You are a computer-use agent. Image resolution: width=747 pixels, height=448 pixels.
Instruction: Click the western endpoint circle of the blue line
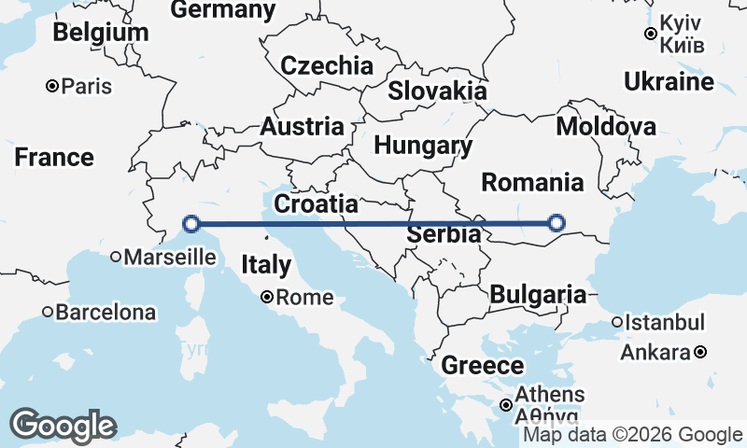coord(191,224)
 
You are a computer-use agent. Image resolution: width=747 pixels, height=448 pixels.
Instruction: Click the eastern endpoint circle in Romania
coord(557,222)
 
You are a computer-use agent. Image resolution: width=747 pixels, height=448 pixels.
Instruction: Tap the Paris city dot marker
coord(53,87)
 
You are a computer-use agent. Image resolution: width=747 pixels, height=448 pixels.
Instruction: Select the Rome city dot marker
coord(267,298)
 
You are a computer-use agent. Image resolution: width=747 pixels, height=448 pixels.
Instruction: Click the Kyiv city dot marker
coord(651,35)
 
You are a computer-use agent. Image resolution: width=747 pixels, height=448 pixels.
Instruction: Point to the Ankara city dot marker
coord(700,352)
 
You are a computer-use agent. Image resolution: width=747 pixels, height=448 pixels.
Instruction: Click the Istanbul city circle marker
coord(617,323)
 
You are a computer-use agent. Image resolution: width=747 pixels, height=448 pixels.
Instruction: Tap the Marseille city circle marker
coord(117,257)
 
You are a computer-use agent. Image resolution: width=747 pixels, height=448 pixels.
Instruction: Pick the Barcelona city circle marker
coord(48,312)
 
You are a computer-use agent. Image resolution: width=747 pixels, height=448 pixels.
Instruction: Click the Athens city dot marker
coord(505,405)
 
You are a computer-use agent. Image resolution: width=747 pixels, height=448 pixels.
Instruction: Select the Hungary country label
coord(423,146)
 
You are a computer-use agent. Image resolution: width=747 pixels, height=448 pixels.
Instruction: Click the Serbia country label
coord(444,234)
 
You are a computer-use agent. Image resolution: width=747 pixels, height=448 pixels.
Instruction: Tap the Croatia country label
coord(316,203)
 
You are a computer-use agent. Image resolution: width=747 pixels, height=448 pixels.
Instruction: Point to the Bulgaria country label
coord(538,295)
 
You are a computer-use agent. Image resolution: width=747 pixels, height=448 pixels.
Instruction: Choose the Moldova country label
coord(605,126)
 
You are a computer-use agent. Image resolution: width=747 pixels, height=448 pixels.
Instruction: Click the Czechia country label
coord(327,66)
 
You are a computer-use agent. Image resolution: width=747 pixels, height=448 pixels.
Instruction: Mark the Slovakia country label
coord(437,91)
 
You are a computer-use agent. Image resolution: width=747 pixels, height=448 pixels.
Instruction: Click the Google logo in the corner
coord(63,426)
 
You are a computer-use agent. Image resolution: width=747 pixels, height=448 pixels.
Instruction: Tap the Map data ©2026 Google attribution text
coord(632,434)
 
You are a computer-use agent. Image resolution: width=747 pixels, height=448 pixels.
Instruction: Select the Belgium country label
coord(100,32)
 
